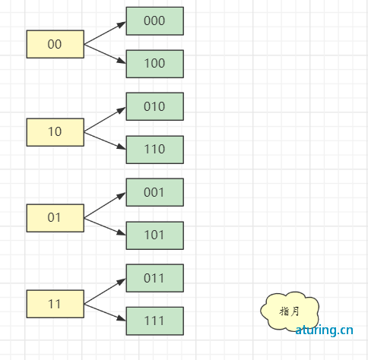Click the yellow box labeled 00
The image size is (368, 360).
(x=56, y=44)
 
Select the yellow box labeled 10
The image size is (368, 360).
(x=56, y=132)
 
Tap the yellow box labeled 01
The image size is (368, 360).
(x=56, y=218)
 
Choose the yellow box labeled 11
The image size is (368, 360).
(x=56, y=304)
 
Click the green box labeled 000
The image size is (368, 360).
(x=155, y=21)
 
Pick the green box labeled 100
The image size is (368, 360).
(x=155, y=64)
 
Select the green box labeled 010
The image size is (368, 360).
(x=155, y=106)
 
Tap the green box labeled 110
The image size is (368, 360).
(x=155, y=150)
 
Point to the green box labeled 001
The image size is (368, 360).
(x=155, y=192)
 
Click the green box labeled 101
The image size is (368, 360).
(x=155, y=235)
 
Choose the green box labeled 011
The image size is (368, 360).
(x=155, y=278)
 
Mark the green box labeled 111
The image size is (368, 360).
(x=155, y=321)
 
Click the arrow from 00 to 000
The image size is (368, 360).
(x=105, y=33)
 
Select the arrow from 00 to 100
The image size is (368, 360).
(x=105, y=54)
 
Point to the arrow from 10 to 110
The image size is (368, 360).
(x=105, y=141)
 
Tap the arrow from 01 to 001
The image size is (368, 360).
(x=105, y=205)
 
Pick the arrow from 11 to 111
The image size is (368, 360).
(x=105, y=312)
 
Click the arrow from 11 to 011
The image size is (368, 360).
(x=105, y=291)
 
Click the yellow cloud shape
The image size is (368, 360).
(x=290, y=311)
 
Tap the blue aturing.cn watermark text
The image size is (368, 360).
(x=324, y=330)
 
